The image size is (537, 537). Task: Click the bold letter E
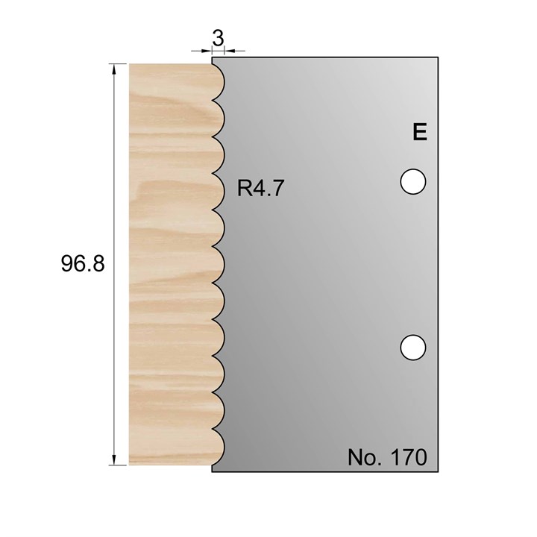coord(419,133)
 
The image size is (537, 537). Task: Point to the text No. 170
coord(386,456)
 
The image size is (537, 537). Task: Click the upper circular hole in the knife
coord(412,181)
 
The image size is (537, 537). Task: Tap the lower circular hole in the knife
coord(412,347)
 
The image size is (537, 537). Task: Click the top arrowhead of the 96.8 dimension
coord(114,69)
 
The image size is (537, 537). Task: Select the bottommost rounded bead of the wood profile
coord(217,447)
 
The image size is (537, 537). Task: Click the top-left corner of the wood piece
coord(130,64)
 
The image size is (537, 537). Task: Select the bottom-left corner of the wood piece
coord(130,464)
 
